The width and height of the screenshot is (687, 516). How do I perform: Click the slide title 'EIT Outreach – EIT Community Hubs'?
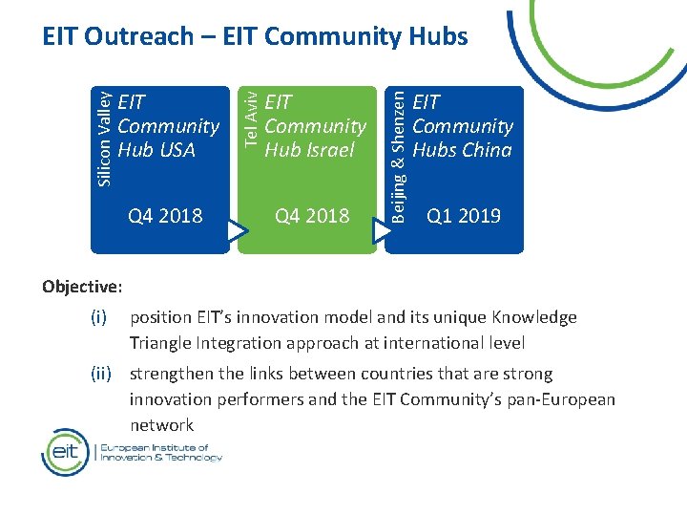pos(255,36)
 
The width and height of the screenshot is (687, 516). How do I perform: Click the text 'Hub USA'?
pos(156,150)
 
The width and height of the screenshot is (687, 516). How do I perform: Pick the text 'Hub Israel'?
pos(309,150)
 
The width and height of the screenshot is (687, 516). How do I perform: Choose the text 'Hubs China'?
pos(462,150)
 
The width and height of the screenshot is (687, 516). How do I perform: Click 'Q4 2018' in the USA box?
pos(165,216)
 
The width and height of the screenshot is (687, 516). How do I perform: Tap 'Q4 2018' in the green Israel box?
pos(312,216)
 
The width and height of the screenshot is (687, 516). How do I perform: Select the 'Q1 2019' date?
pos(464,216)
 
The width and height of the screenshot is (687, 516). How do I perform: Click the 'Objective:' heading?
pos(82,286)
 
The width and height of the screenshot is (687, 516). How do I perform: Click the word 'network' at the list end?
pos(162,425)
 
